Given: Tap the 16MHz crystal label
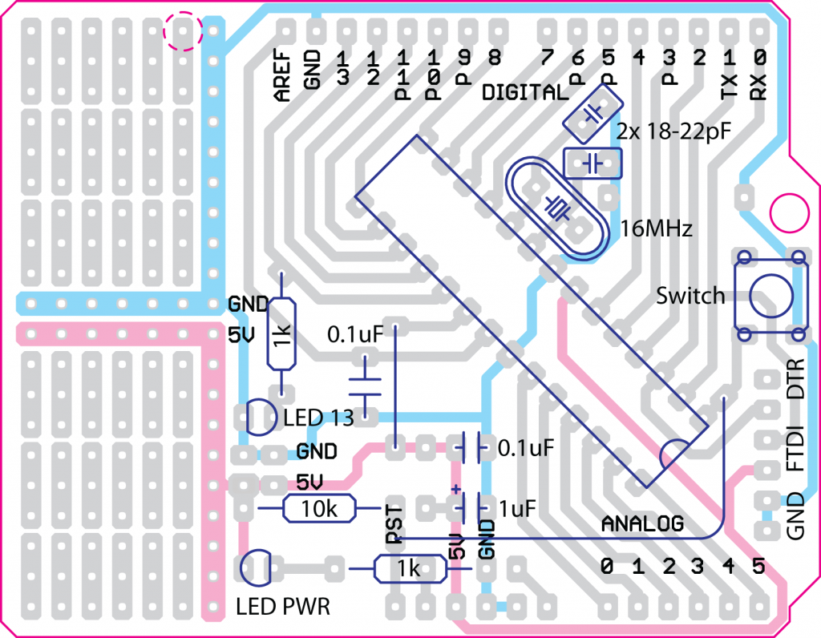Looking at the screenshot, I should pyautogui.click(x=656, y=230).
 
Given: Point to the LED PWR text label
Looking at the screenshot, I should pyautogui.click(x=283, y=607).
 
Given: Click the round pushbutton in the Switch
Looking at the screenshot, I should pyautogui.click(x=769, y=294).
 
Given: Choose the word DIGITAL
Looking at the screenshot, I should pyautogui.click(x=524, y=92).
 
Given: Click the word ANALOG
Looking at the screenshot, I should pyautogui.click(x=642, y=524).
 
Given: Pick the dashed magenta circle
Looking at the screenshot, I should pyautogui.click(x=182, y=30).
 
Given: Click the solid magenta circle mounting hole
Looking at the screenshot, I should pyautogui.click(x=788, y=212).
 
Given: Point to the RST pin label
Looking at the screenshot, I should pyautogui.click(x=394, y=524).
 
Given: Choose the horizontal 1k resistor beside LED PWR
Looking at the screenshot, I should pyautogui.click(x=410, y=569).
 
